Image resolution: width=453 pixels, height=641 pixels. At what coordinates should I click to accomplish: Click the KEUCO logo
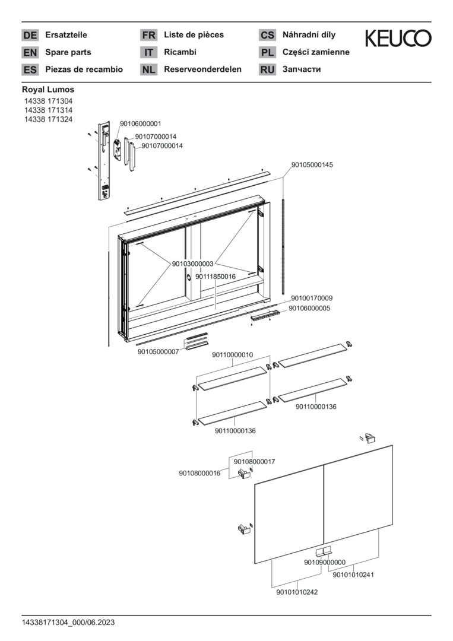coord(398,39)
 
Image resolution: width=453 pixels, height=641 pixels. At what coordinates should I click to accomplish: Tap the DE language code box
coord(30,36)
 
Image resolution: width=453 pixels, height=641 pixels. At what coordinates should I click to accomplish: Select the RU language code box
coord(267,70)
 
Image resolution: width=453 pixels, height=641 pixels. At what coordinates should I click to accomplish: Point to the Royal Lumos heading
coord(48,90)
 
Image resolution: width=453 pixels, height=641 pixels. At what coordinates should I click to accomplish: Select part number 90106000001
coord(140,123)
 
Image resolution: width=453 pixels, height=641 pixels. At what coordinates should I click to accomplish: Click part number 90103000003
coord(192,264)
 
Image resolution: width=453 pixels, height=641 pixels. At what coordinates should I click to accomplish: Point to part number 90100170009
coord(312,298)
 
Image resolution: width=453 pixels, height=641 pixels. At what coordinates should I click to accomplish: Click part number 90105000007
coord(158,352)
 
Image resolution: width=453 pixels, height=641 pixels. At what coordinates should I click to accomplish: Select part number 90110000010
coord(232,355)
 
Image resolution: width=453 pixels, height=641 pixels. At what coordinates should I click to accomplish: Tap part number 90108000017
coord(254,461)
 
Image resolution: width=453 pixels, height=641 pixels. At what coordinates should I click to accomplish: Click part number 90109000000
coord(325,562)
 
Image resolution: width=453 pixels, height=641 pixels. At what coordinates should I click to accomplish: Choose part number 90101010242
coord(297,592)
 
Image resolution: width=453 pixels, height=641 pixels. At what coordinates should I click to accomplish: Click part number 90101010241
coord(353,574)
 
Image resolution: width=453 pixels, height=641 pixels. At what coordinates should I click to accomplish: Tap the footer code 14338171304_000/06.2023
coord(68,623)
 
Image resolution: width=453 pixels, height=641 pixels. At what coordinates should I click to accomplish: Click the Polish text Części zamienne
coord(316,52)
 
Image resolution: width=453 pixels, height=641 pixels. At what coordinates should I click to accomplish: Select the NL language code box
coord(148,70)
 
